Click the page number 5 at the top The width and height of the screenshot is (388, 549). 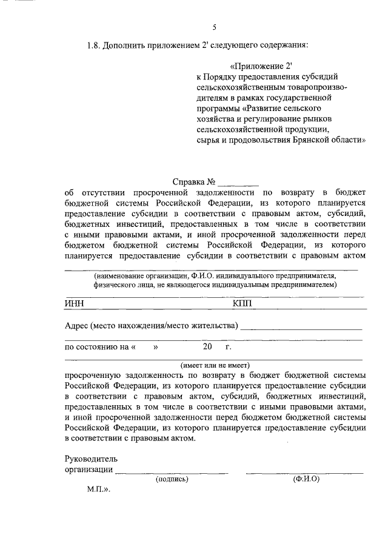(214, 26)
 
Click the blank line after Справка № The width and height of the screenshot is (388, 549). (238, 183)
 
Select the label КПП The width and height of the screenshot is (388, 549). (241, 303)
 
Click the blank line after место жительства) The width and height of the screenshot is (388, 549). (301, 327)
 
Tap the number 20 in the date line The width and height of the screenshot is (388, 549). (208, 348)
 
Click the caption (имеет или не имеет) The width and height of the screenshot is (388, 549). (215, 365)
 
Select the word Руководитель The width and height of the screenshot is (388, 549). (92, 458)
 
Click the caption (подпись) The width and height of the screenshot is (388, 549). (172, 479)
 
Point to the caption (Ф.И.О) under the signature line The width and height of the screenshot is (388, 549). (306, 479)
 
